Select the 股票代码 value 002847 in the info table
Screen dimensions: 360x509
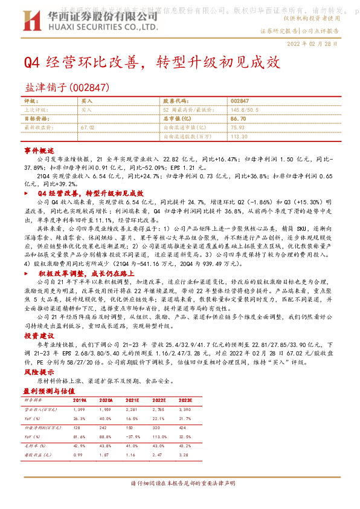[239, 101]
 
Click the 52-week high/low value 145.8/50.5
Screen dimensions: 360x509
[244, 110]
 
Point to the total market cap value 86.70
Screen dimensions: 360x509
[238, 119]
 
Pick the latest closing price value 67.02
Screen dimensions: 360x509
[88, 128]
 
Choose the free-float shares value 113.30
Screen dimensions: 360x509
[239, 137]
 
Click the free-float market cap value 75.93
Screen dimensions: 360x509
[237, 128]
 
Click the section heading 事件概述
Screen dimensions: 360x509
[39, 149]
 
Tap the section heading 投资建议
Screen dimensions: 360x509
[39, 336]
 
